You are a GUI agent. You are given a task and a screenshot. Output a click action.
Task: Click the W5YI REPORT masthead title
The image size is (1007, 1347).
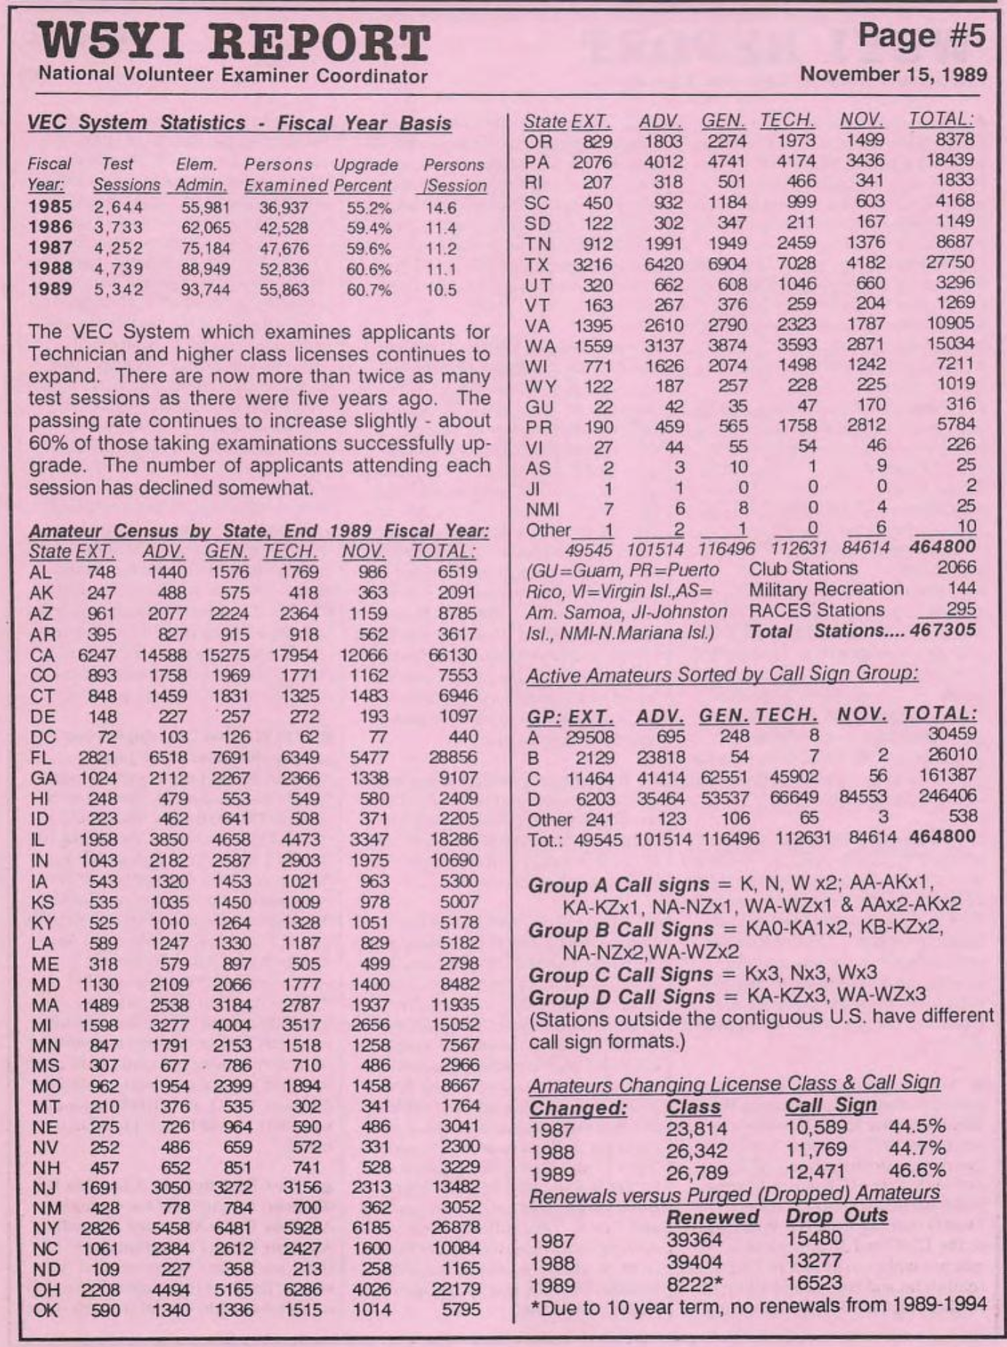(x=234, y=42)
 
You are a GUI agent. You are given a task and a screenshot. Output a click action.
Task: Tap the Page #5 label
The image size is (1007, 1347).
(x=921, y=35)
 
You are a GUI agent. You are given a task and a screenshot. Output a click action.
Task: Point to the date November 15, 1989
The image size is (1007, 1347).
(x=893, y=74)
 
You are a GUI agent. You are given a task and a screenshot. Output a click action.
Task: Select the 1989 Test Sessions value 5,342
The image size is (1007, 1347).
(x=119, y=290)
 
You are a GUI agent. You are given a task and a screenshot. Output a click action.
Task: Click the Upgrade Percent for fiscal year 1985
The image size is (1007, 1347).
(x=369, y=208)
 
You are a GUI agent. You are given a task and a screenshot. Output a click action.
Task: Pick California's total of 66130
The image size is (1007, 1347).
(x=452, y=655)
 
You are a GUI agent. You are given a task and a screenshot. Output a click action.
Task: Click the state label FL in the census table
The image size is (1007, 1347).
(x=41, y=758)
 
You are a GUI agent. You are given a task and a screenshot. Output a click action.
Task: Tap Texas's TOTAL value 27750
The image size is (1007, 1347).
(x=950, y=262)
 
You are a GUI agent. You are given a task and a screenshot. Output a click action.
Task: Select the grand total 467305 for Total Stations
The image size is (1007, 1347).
(x=943, y=631)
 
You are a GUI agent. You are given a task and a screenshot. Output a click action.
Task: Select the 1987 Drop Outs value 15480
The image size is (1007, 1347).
(x=814, y=1239)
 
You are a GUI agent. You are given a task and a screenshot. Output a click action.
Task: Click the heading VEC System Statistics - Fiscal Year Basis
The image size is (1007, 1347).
(x=239, y=123)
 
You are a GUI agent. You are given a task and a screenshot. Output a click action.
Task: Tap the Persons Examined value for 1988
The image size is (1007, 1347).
(x=284, y=269)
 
